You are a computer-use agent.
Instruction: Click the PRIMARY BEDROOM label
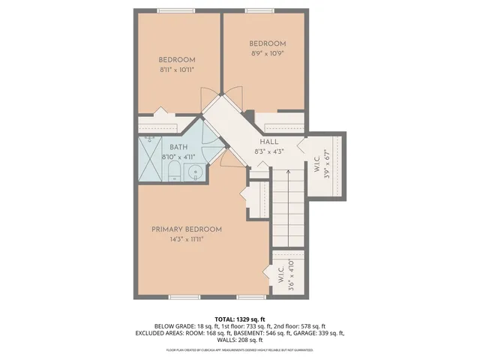click(x=187, y=229)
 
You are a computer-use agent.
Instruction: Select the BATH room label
click(x=178, y=147)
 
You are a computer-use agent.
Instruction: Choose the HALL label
click(x=269, y=142)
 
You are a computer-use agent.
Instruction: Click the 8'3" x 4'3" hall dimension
click(x=269, y=151)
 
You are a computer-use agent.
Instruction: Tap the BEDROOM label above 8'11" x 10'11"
click(x=177, y=60)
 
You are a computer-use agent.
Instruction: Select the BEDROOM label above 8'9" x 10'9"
click(x=268, y=43)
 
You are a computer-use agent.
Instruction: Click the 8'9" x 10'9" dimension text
click(x=268, y=53)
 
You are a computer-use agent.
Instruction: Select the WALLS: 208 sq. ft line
click(x=240, y=340)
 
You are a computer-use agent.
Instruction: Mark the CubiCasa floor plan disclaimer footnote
click(x=240, y=349)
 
